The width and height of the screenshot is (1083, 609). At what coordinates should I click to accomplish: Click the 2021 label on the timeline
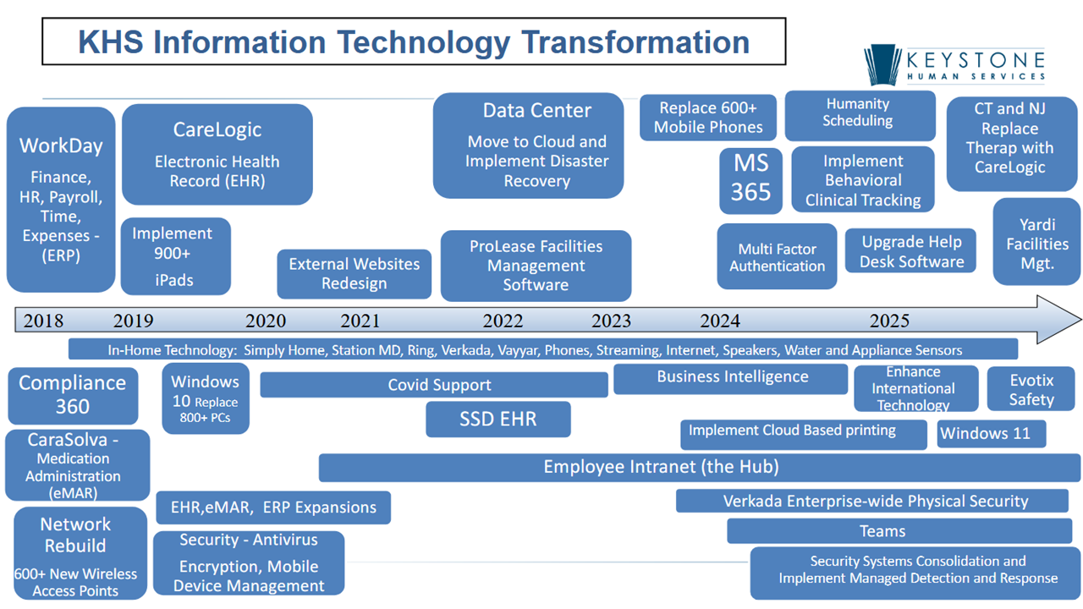click(x=360, y=321)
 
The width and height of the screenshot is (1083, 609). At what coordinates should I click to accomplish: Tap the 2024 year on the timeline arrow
click(x=720, y=321)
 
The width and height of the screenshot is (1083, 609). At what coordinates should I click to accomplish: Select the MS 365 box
click(x=750, y=181)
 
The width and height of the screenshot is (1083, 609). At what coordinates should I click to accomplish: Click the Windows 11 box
click(x=991, y=434)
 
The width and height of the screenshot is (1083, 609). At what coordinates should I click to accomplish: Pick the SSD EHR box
click(x=498, y=419)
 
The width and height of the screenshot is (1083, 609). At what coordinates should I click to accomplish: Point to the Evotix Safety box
click(x=1031, y=389)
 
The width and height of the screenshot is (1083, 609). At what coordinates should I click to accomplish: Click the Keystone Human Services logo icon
click(x=882, y=65)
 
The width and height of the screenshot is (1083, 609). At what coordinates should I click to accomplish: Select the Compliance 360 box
click(x=73, y=395)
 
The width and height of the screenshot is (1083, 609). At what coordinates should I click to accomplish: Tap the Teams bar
click(x=899, y=531)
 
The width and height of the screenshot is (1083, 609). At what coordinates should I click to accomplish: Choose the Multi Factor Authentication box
click(x=777, y=256)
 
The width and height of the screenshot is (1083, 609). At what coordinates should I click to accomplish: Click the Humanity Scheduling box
click(x=860, y=116)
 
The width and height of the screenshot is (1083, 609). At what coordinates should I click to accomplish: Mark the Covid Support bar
click(x=434, y=385)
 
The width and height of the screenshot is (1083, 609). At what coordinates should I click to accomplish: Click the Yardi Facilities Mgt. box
click(x=1036, y=242)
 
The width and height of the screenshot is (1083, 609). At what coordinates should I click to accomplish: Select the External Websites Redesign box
click(x=354, y=273)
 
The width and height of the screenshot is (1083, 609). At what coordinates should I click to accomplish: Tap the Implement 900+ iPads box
click(x=175, y=256)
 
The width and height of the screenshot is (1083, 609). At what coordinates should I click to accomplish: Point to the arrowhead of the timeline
click(x=1080, y=320)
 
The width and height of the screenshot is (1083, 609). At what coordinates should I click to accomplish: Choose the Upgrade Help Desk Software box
click(x=910, y=250)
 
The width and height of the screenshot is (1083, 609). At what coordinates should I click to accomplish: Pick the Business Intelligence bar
click(x=730, y=378)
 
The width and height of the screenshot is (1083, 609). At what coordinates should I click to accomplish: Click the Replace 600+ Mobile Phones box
click(x=708, y=118)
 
